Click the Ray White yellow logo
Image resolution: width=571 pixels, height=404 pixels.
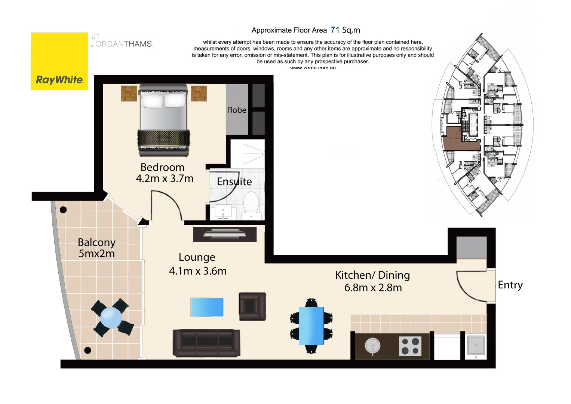59,61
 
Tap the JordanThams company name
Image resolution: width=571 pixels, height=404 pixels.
122,44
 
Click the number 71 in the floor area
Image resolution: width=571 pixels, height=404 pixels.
335,30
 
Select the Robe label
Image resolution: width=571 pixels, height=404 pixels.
237,110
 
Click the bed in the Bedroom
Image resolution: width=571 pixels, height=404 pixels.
163,120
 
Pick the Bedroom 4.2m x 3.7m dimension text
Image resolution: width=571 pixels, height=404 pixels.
165,178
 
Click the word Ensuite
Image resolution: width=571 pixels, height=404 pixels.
234,181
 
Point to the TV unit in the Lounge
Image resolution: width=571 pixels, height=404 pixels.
225,235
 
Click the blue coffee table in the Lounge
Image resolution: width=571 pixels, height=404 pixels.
207,307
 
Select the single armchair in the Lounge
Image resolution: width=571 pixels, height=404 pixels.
252,306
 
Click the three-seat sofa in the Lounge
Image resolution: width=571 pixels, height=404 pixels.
206,343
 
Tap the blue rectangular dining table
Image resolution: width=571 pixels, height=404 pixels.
311,325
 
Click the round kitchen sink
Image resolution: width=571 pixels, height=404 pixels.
372,346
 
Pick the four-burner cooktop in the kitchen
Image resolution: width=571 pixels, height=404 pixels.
410,346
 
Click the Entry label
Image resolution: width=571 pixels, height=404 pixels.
510,285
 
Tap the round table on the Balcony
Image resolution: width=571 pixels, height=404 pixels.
111,318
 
